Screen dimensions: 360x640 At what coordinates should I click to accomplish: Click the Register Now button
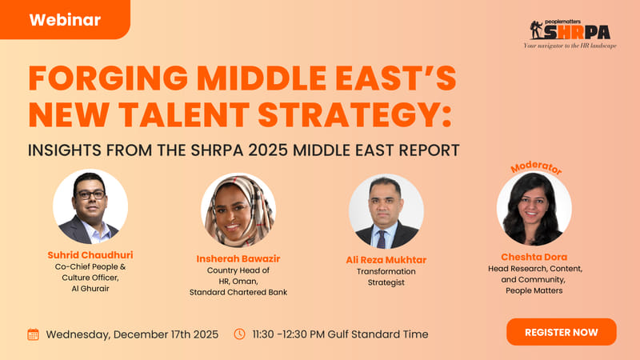point(561,331)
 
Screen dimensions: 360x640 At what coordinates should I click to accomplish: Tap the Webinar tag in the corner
point(65,19)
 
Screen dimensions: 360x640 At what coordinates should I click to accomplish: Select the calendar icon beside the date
point(34,334)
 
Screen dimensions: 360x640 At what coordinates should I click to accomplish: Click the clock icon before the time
point(239,334)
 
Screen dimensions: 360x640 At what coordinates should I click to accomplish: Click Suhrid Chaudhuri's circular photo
point(90,206)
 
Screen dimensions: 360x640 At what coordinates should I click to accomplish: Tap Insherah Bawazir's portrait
point(238,210)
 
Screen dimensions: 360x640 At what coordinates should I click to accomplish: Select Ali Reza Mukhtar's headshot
point(386,210)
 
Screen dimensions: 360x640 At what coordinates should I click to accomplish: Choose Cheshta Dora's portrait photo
point(534,210)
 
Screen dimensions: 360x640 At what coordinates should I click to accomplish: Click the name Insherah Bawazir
point(238,259)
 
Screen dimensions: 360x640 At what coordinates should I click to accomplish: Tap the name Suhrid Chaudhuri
point(89,254)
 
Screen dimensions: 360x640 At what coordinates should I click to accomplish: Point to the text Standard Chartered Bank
point(238,292)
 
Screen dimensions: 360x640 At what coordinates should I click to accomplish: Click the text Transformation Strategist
point(386,276)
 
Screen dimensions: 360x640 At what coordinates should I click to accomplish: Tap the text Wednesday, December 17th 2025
point(131,334)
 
